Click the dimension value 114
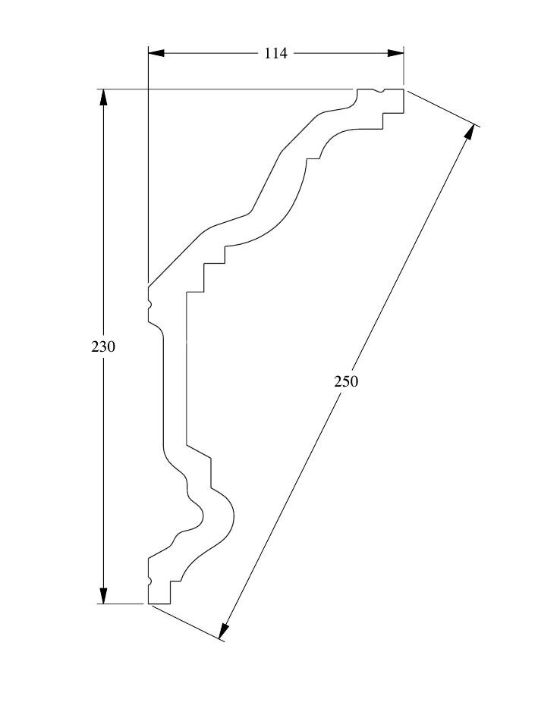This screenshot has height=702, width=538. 275,53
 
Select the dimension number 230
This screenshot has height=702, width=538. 103,346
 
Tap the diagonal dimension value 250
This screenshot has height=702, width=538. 346,381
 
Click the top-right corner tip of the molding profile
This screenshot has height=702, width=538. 403,89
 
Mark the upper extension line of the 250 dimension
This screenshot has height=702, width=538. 444,107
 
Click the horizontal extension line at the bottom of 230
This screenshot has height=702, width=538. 121,604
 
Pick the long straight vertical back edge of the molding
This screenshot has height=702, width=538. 186,364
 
